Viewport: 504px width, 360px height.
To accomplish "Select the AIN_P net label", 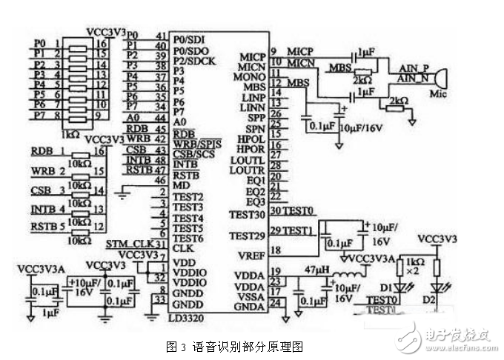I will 414,67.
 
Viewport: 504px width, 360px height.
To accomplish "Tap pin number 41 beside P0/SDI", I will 160,36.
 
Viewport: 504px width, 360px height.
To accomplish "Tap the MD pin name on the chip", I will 179,184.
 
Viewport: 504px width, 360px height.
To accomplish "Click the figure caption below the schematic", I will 236,346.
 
